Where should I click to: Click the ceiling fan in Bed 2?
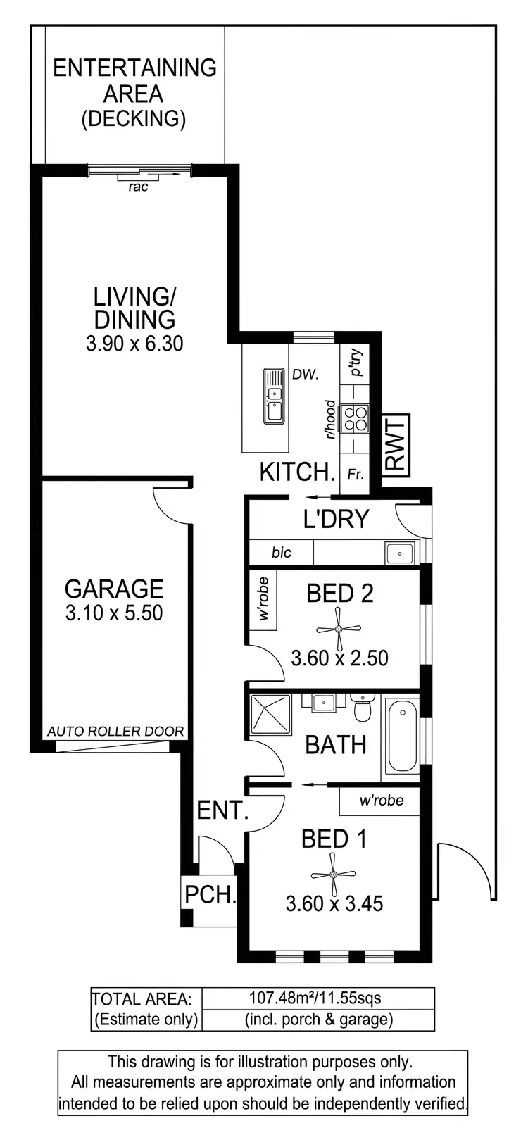(x=339, y=629)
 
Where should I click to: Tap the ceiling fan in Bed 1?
(x=332, y=875)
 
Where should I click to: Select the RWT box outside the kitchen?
(x=396, y=444)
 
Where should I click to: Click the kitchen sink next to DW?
(x=274, y=396)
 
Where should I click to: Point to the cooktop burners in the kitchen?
(x=353, y=418)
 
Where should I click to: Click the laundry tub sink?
(x=400, y=553)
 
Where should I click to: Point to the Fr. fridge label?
(x=356, y=475)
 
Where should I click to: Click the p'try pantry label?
(x=356, y=363)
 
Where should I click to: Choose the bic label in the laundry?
(x=281, y=553)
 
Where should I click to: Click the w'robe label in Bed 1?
(x=382, y=801)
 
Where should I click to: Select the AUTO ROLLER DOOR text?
(x=115, y=732)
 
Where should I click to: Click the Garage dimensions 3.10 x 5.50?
(x=114, y=613)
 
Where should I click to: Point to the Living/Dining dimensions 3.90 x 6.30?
(x=134, y=344)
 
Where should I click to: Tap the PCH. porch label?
(x=209, y=895)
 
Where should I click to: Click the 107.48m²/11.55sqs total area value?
(x=315, y=998)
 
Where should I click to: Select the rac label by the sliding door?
(x=139, y=187)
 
